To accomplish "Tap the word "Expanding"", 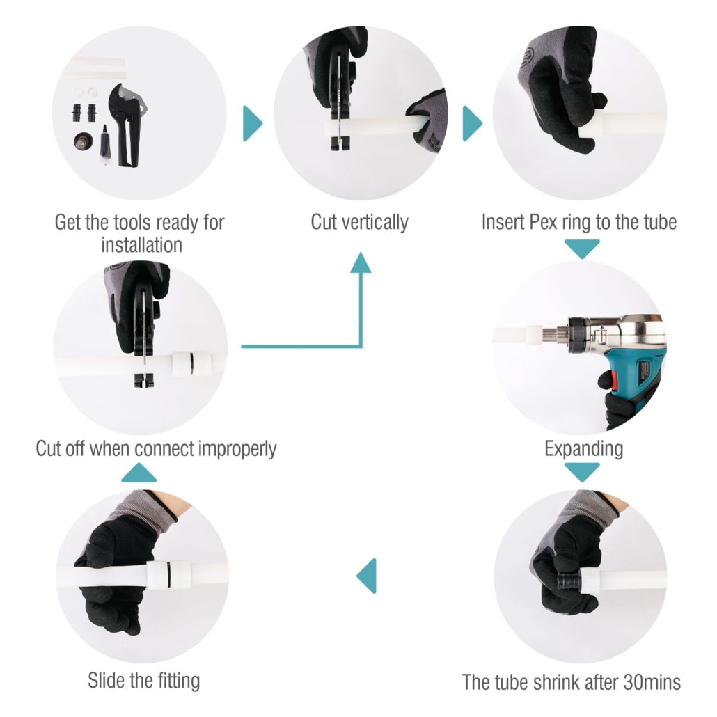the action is coord(583,449).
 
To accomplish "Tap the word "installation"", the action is coord(142,245).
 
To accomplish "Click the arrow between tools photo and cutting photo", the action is coord(253,123).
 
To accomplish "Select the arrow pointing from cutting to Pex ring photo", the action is coord(473,123).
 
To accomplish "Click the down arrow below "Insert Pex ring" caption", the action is coord(582,249).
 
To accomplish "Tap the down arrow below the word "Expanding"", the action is coord(582,472).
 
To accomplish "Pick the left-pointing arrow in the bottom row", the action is coord(367,576).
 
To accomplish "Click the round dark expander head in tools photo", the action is coord(84,141).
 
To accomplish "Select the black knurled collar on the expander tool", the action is coord(578,335).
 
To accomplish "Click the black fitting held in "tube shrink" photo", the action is coord(569,581).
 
